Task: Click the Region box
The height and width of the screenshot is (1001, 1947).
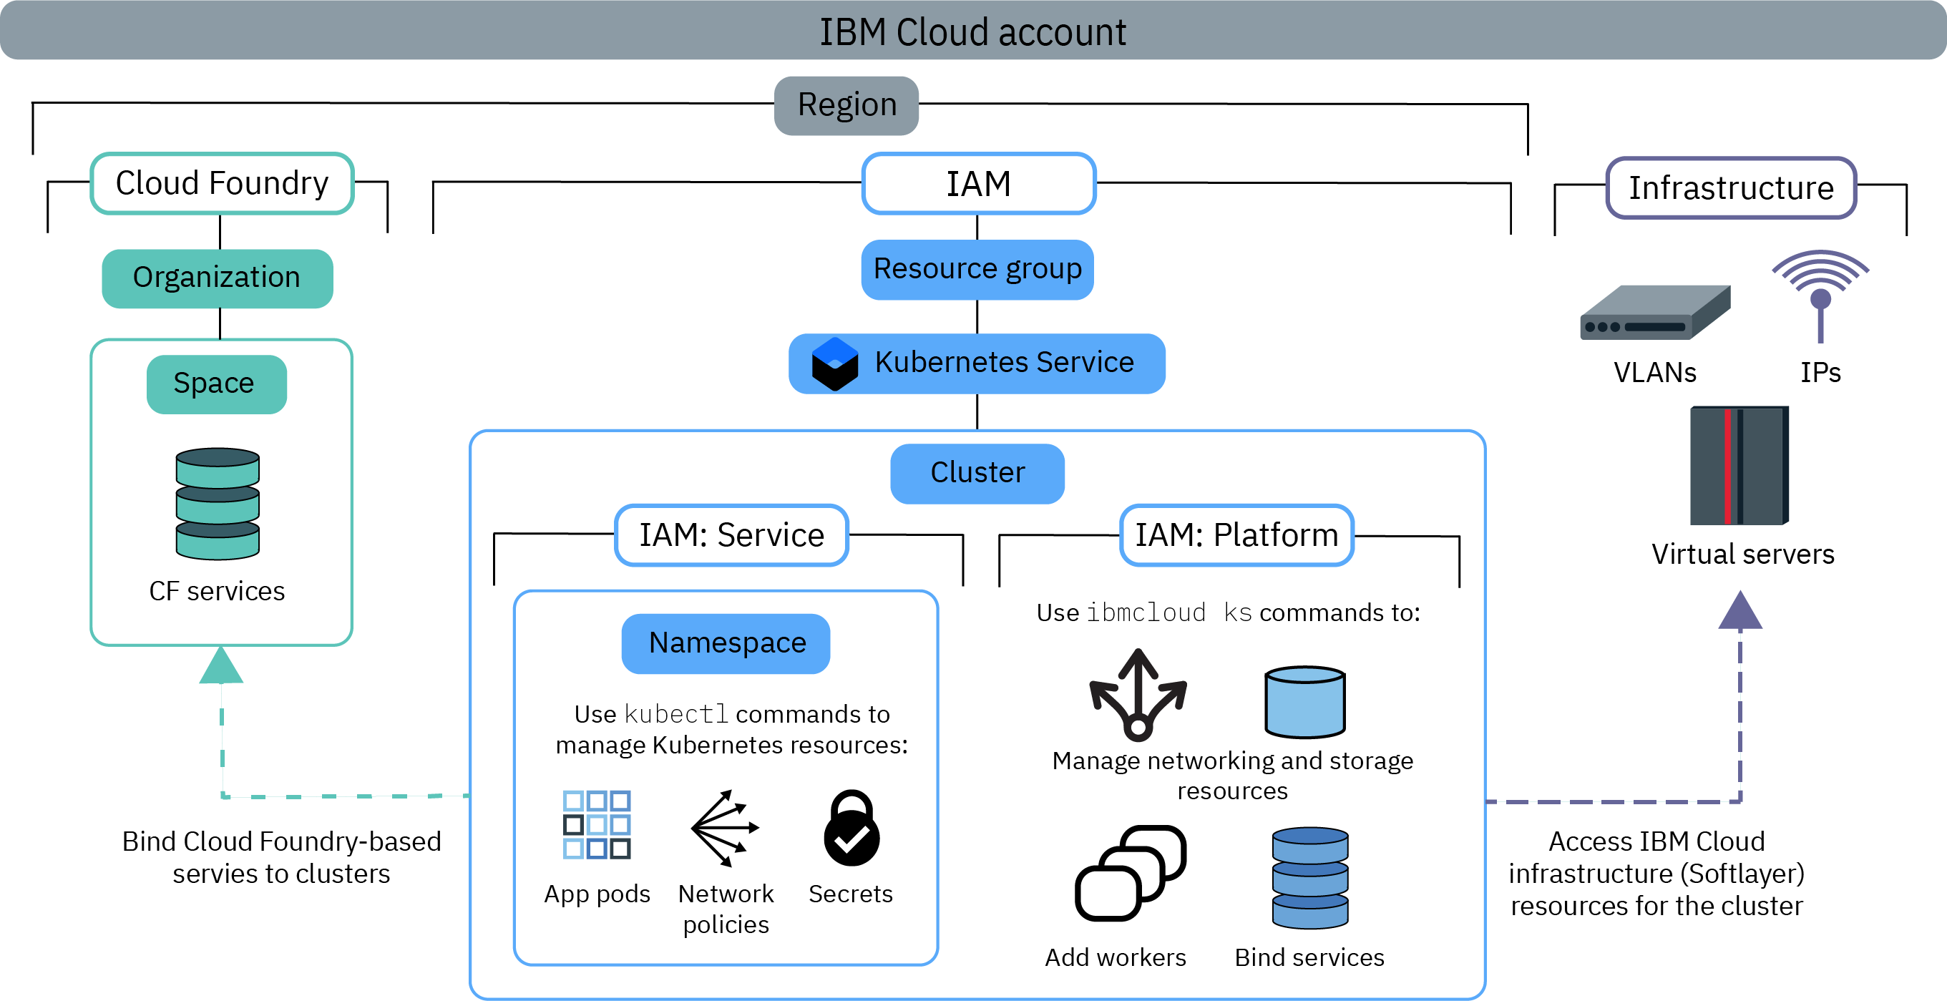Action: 846,105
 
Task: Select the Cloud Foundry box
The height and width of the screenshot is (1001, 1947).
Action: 221,184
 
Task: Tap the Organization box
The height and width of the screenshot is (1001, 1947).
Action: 217,278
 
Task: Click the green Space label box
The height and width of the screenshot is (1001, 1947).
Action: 216,384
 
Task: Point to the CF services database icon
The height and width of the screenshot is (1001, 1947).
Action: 218,504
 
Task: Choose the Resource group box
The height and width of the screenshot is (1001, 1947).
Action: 977,270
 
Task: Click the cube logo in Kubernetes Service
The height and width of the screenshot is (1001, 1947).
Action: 834,363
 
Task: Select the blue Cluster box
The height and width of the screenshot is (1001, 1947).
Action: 977,473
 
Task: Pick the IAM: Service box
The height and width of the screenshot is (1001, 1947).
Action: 731,535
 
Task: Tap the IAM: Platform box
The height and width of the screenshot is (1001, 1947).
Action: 1236,535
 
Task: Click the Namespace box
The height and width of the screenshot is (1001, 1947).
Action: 726,643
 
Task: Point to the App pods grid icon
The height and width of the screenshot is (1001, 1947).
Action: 596,824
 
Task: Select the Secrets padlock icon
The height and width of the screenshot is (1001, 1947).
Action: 851,828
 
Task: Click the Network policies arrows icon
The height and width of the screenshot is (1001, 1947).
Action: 724,828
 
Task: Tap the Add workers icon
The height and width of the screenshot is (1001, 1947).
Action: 1130,872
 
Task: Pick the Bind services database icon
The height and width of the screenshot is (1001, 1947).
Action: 1310,878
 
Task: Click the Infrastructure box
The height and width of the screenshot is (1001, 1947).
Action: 1731,188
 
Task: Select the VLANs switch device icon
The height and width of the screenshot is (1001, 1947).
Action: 1654,313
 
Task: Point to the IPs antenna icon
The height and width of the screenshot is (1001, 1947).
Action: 1820,295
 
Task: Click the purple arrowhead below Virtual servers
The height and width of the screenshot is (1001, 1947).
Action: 1740,611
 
